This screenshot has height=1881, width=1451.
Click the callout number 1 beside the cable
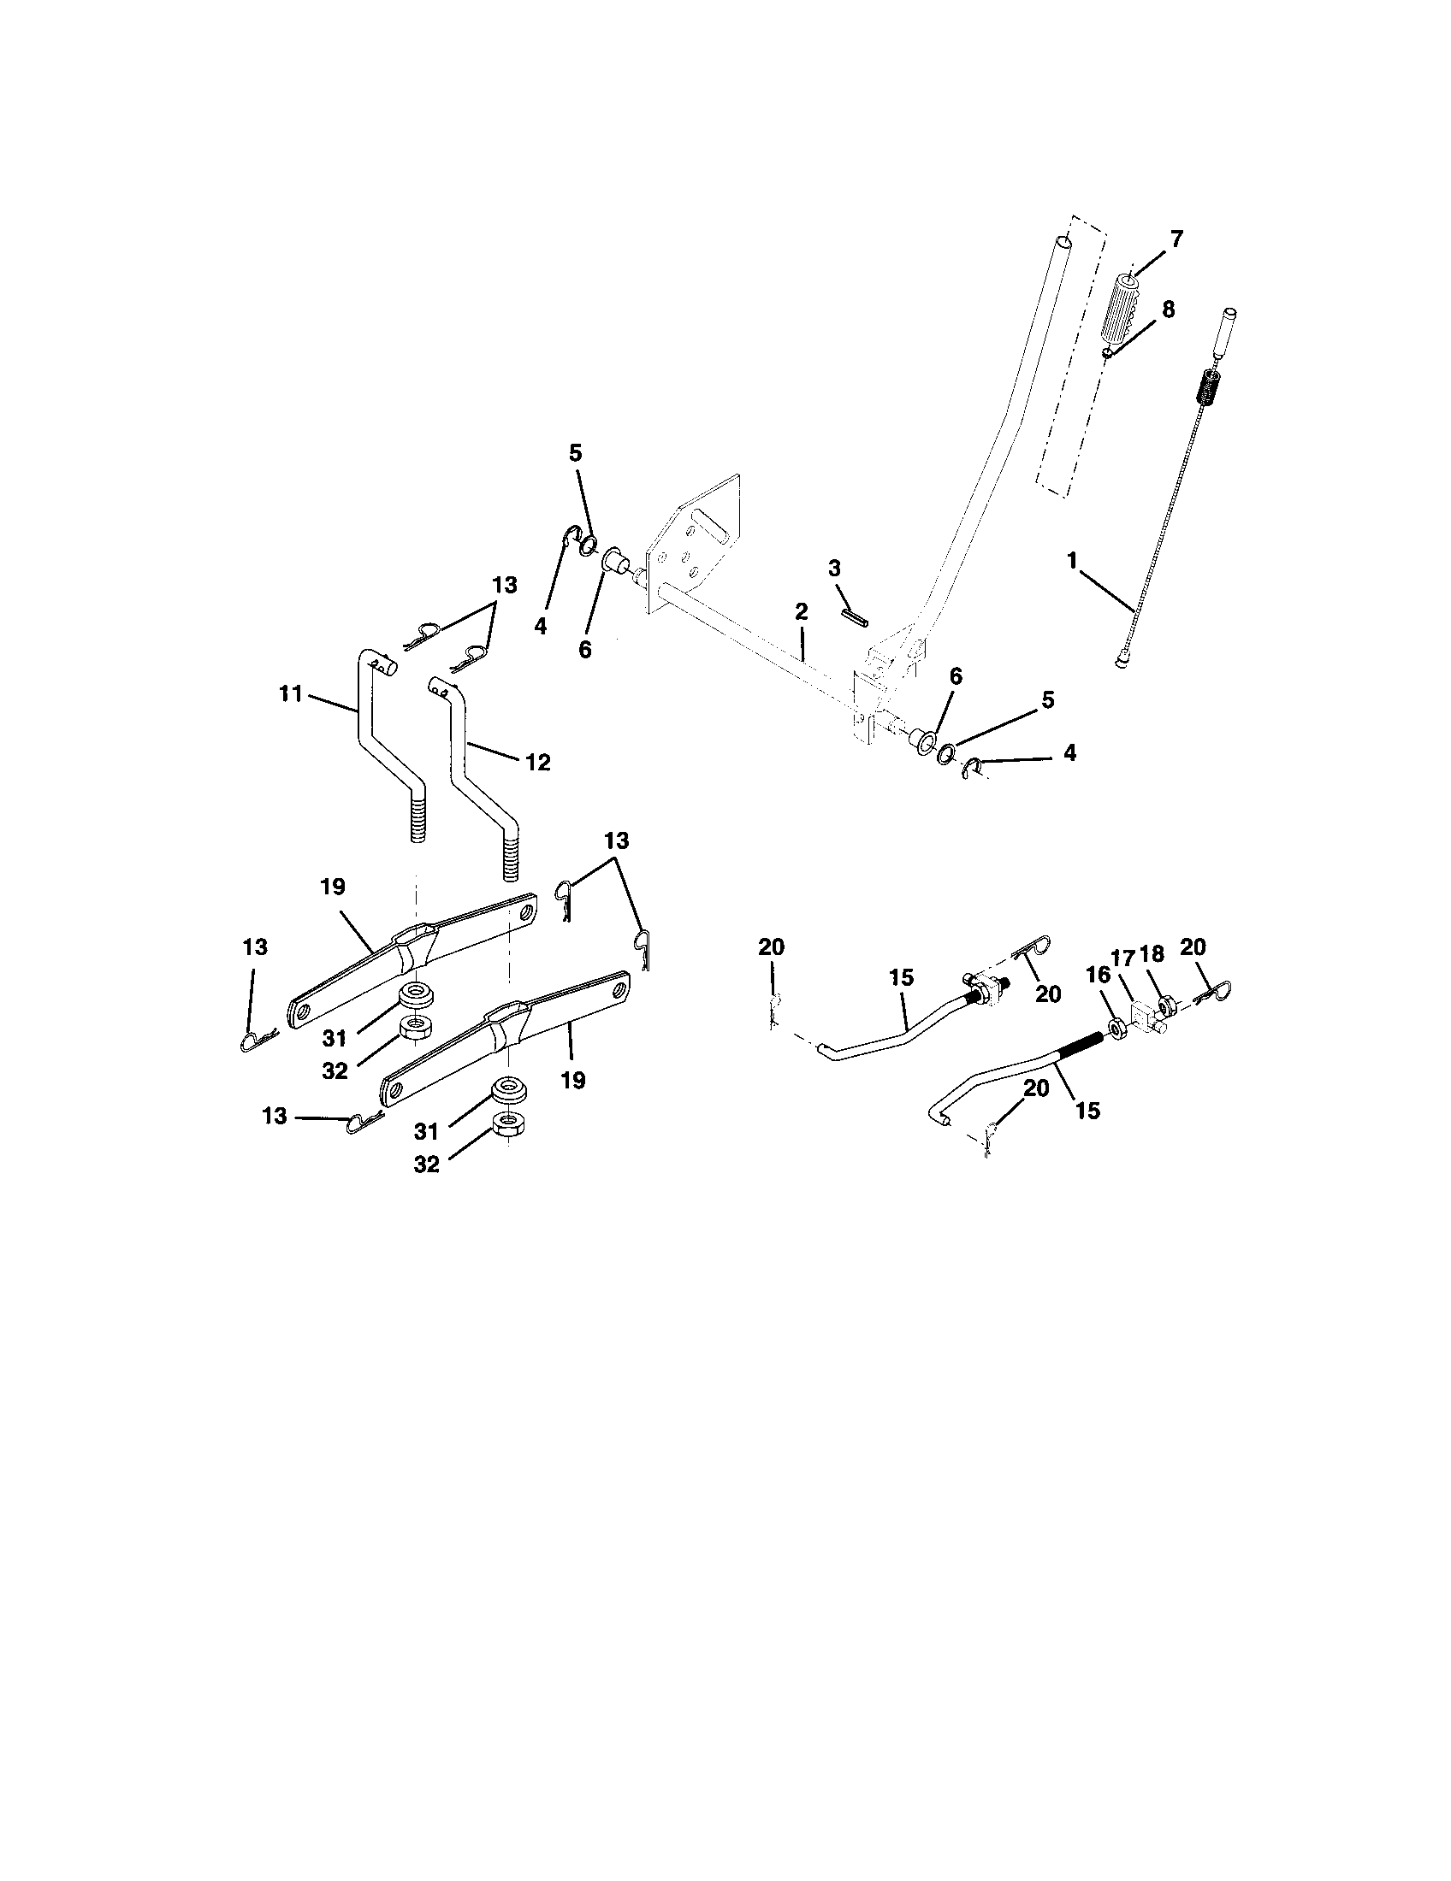(x=1072, y=560)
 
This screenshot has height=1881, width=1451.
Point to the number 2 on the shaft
(x=802, y=612)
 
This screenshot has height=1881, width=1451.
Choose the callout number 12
(x=536, y=762)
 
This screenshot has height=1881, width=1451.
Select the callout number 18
(x=1152, y=954)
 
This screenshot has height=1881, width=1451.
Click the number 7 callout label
(x=1176, y=239)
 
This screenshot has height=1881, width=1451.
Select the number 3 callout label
(x=834, y=569)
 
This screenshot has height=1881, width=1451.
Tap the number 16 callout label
(x=1099, y=976)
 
